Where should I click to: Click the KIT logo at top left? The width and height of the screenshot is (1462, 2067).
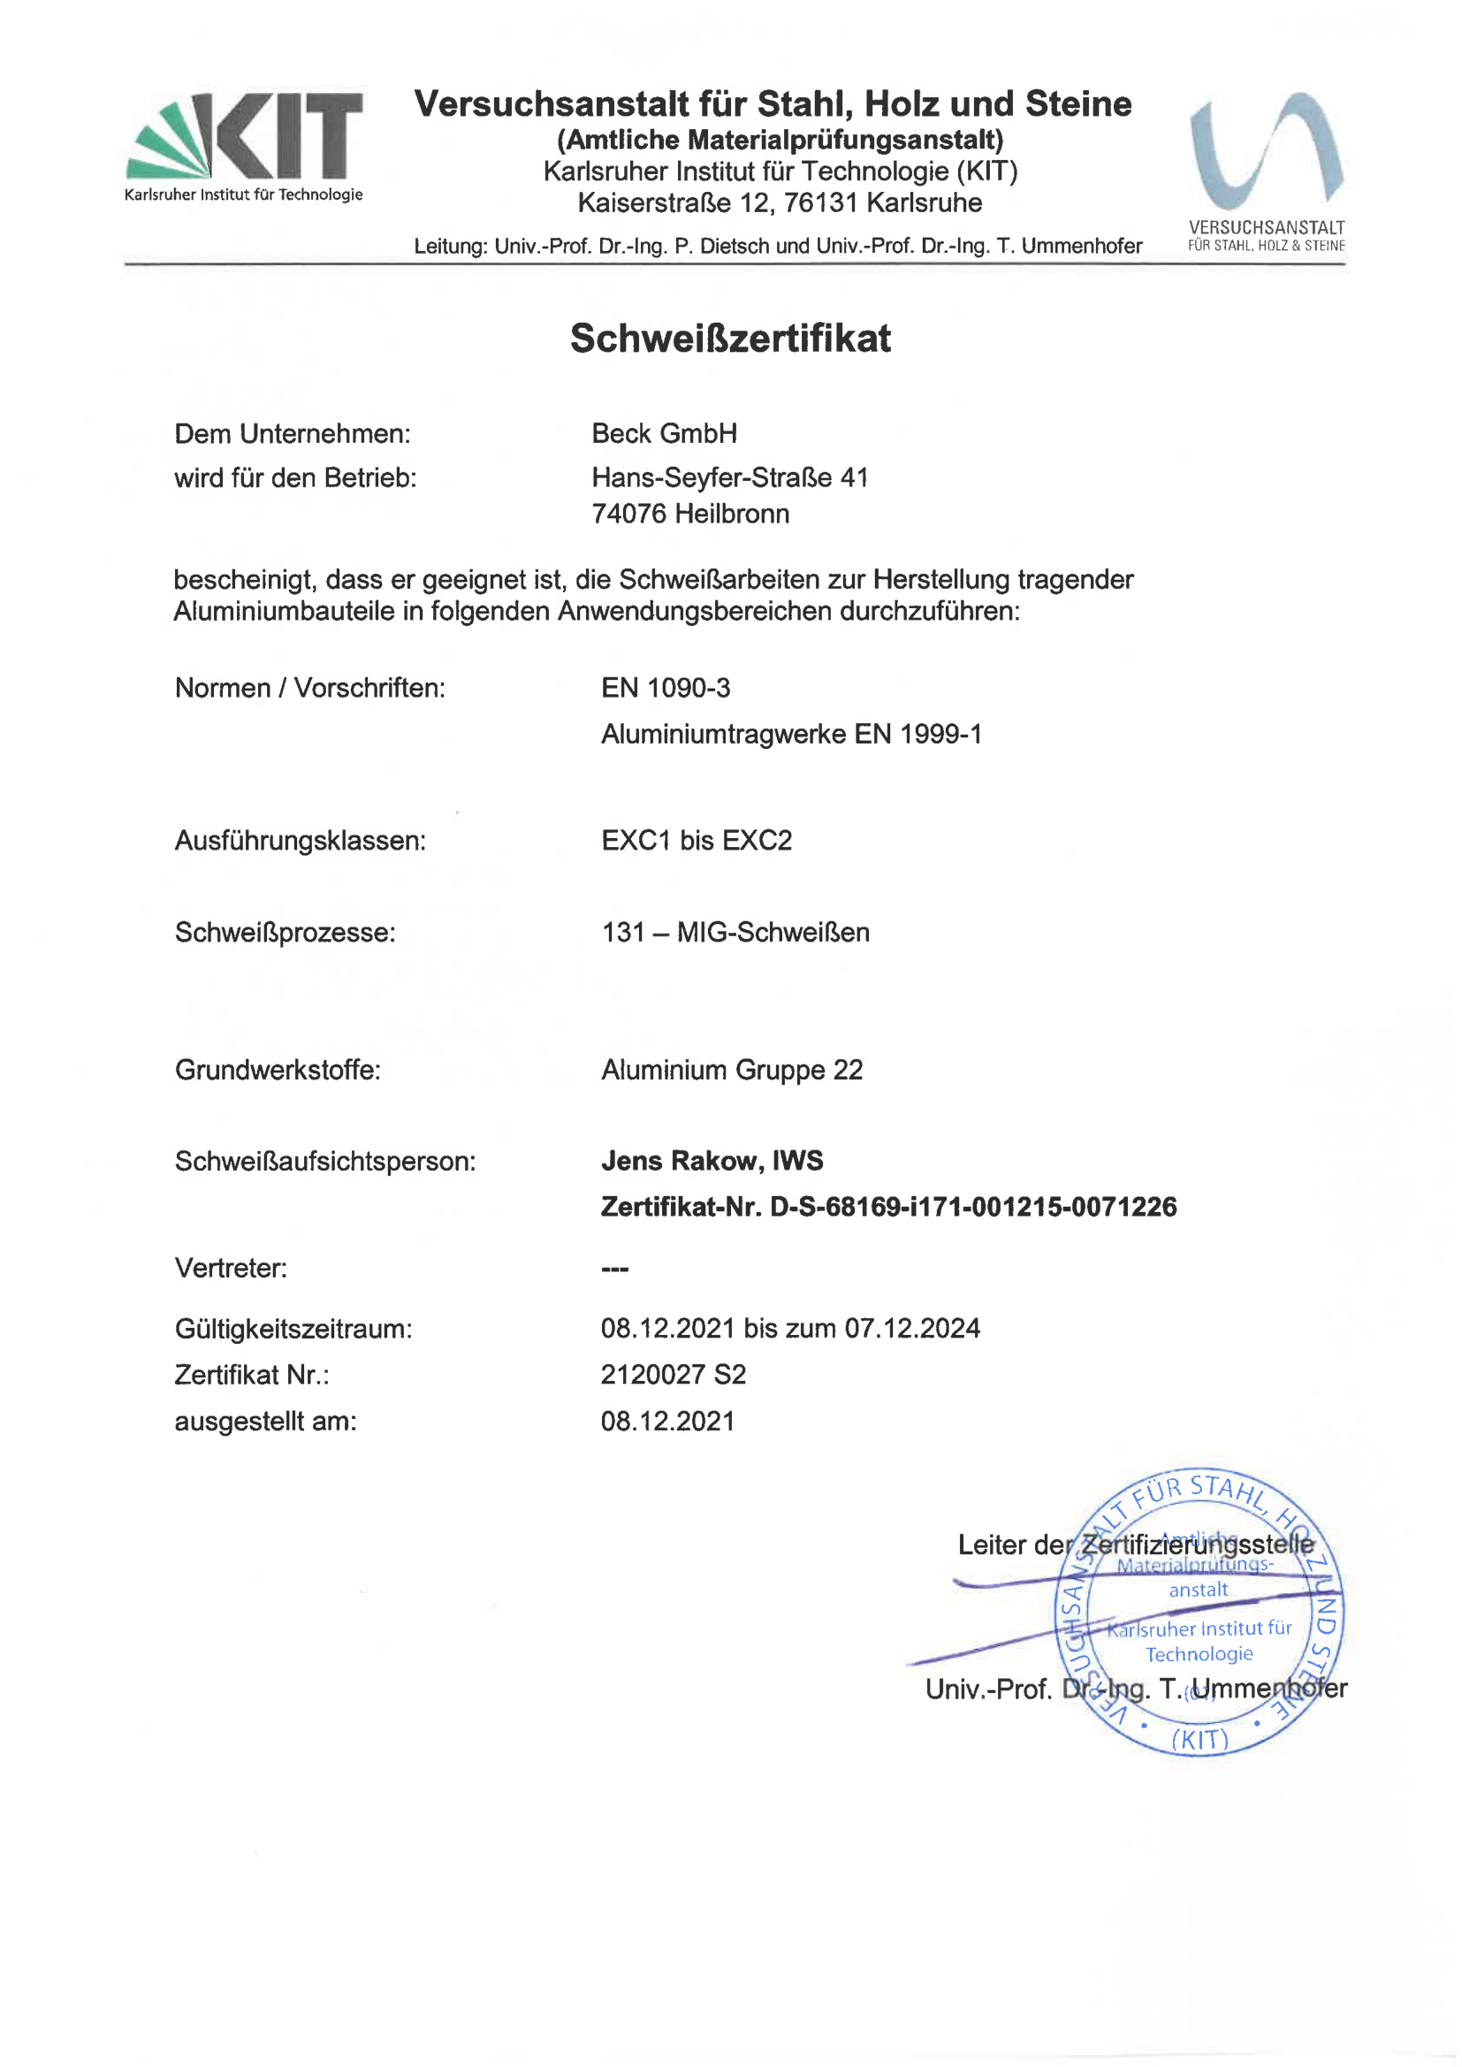(x=244, y=144)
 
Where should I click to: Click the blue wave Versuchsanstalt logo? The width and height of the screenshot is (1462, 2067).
(x=1266, y=153)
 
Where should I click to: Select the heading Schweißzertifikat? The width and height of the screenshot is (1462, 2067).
(x=730, y=339)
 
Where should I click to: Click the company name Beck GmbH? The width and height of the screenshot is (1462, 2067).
(x=665, y=434)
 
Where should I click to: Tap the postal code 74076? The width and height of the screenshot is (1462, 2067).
(x=629, y=514)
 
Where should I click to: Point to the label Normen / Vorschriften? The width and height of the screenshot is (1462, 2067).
(x=309, y=688)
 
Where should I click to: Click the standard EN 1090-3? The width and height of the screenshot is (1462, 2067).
(x=666, y=688)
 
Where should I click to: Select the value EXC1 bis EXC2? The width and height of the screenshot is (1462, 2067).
(x=696, y=840)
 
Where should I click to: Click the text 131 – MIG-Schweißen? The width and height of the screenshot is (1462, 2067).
(x=735, y=932)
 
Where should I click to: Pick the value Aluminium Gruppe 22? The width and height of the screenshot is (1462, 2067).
(x=732, y=1070)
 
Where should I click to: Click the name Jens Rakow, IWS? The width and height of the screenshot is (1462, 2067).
(x=712, y=1161)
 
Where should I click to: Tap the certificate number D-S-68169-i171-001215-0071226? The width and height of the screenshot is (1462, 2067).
(x=972, y=1207)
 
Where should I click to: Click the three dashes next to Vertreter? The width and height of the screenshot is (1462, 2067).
(x=615, y=1269)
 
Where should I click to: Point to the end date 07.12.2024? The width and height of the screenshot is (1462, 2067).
(x=912, y=1328)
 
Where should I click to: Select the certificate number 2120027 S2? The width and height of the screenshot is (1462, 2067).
(x=674, y=1374)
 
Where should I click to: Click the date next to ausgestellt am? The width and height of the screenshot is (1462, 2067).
(x=668, y=1421)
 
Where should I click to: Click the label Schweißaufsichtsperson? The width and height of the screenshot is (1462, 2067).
(x=325, y=1162)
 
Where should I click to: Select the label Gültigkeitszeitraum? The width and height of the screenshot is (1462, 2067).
(x=293, y=1329)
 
